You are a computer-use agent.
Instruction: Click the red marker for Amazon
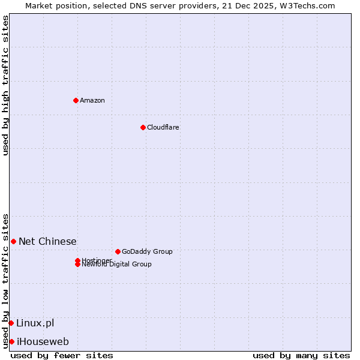click(76, 100)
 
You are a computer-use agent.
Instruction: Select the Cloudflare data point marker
click(143, 127)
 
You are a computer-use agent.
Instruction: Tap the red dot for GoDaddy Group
click(118, 251)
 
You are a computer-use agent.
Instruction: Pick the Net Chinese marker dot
click(13, 241)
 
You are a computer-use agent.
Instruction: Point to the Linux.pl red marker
click(11, 323)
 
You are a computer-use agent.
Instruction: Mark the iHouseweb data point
click(11, 341)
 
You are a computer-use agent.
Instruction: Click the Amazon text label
click(92, 100)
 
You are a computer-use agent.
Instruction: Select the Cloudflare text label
click(163, 127)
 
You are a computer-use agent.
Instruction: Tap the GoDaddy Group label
click(147, 251)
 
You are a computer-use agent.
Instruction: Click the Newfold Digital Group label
click(117, 265)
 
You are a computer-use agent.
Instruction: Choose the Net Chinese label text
click(47, 241)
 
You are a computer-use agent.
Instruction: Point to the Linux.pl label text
click(35, 323)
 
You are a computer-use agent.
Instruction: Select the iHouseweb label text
click(43, 341)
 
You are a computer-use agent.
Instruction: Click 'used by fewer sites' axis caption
click(62, 355)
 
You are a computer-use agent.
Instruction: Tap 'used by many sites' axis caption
click(301, 355)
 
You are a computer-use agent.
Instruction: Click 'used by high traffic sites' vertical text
click(5, 85)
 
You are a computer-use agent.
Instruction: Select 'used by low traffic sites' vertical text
click(5, 280)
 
